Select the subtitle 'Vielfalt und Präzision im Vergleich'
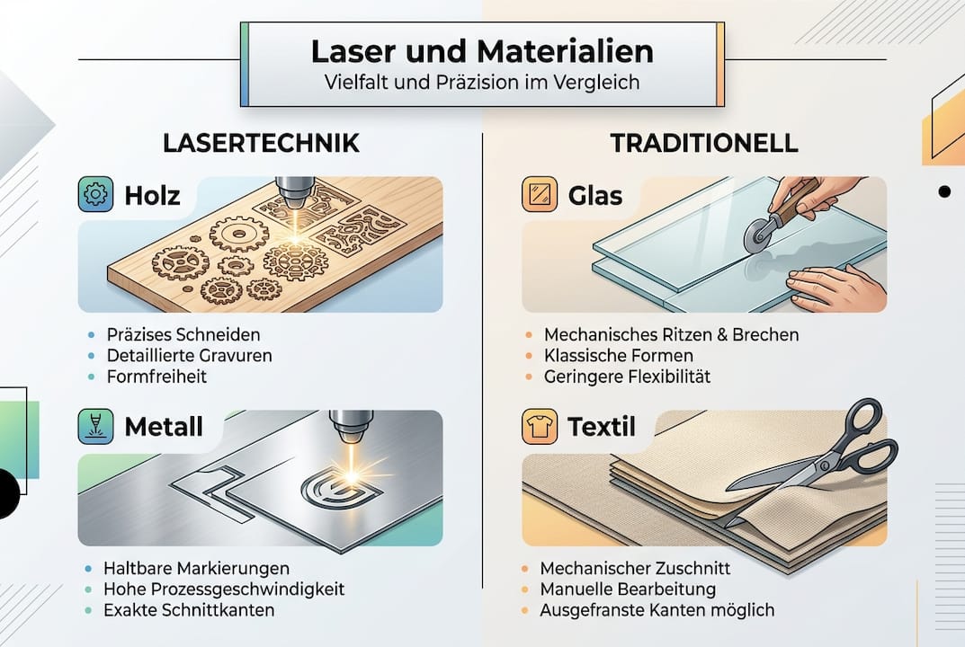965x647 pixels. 482,83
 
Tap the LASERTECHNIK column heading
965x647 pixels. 261,143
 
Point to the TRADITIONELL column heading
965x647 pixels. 704,143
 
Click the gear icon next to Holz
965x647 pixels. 96,194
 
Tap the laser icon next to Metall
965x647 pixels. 96,427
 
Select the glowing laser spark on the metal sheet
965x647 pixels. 353,466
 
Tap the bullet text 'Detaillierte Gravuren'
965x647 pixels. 189,356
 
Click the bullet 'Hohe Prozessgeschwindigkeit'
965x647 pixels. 224,589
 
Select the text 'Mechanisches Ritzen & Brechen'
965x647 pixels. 671,335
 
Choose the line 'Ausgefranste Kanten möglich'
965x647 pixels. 657,610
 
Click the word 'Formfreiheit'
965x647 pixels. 156,377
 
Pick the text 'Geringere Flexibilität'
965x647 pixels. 627,377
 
